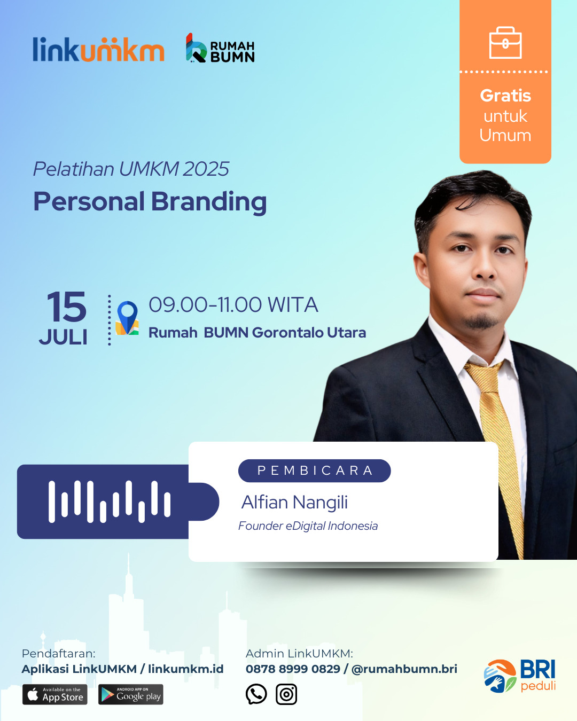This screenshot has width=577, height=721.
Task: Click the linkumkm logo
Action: coord(98,49)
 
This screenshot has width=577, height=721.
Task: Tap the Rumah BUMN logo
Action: coord(220,48)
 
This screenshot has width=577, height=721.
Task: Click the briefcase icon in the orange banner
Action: coord(505,43)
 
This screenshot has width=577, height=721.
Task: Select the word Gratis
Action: coord(505,96)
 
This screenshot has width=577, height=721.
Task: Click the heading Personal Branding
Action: coord(150,202)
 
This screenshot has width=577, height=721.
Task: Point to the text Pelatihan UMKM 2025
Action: coord(131,169)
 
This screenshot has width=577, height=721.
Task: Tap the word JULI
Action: coord(64,337)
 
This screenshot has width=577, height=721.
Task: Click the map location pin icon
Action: coord(127,318)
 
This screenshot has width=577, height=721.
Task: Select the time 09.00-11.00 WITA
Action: coord(233,304)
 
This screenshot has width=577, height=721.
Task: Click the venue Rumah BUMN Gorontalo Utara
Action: coord(257,333)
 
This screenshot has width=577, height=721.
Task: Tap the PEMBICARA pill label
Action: coord(315,471)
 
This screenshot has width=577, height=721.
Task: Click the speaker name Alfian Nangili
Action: coord(295,502)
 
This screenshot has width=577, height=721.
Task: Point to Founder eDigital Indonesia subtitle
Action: coord(308,526)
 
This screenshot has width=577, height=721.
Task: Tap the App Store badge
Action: coord(55,694)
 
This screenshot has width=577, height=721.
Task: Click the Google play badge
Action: coord(131,694)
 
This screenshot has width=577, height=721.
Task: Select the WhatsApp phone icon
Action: coord(256,694)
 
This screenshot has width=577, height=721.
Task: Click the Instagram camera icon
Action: coord(286,694)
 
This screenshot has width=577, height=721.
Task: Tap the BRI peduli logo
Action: coord(520,676)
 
